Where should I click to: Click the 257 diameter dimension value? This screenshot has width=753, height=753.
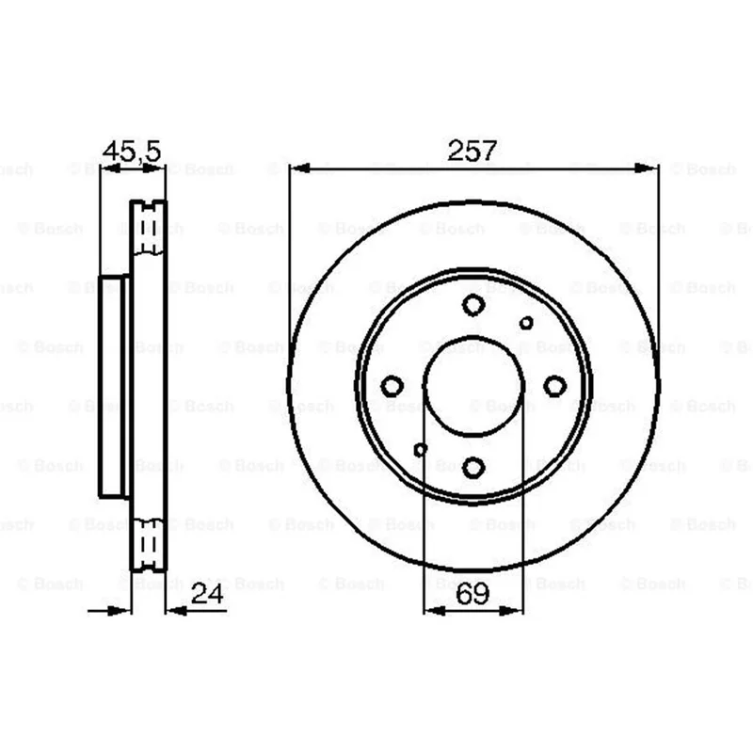coord(472,151)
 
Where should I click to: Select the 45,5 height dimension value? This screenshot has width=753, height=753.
coord(132,151)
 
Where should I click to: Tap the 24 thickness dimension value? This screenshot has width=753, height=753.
coord(207,594)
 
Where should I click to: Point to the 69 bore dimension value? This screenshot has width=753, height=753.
coord(473,594)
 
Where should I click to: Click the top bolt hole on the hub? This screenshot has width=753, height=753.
coord(473,304)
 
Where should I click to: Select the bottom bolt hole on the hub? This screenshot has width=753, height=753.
coord(473,467)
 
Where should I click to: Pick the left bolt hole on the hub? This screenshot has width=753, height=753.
coord(392,386)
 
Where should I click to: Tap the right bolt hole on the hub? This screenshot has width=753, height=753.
coord(554,386)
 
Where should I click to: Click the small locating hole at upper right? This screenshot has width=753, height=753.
coord(526,323)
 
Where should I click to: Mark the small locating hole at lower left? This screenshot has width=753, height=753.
coord(421,450)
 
